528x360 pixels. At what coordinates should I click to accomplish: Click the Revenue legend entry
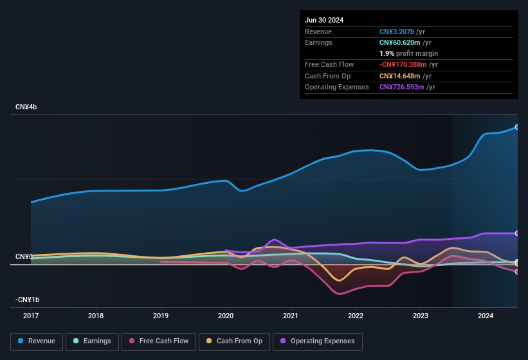(37, 341)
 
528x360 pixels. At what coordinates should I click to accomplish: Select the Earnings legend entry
(92, 341)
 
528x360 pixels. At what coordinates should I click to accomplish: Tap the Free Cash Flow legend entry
(159, 341)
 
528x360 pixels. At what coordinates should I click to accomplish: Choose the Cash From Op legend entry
(235, 341)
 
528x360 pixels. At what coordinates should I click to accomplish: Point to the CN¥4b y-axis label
(26, 107)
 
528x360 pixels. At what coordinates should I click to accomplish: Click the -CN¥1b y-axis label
(28, 300)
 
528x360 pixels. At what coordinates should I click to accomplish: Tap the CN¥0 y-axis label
(24, 257)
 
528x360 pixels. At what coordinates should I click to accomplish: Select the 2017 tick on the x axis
(31, 316)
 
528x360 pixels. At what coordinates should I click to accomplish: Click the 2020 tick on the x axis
(226, 316)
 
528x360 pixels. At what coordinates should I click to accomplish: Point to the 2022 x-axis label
(356, 316)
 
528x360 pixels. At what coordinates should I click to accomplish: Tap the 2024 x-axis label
(486, 316)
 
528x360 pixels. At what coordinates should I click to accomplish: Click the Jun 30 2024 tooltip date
(324, 20)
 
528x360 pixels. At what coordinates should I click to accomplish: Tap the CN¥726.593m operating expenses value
(402, 87)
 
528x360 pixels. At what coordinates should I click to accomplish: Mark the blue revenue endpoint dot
(516, 127)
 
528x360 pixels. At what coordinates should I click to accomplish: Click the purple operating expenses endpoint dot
(516, 233)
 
